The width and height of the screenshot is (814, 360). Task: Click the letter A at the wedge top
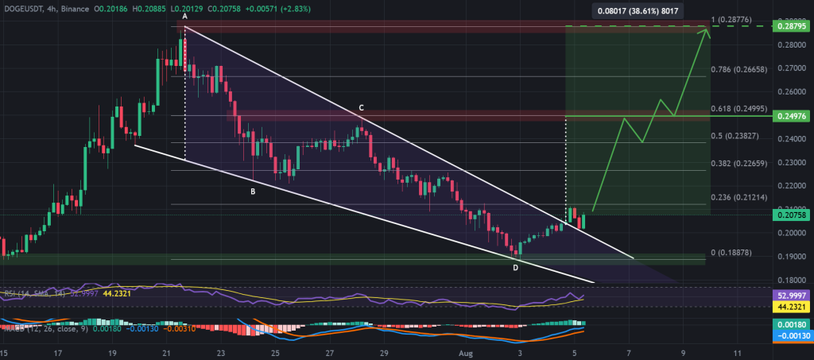click(184, 17)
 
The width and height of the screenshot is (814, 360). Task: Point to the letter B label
click(253, 192)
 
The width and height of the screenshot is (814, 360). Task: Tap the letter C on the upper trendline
click(360, 107)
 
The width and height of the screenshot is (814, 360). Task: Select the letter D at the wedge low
click(515, 267)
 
